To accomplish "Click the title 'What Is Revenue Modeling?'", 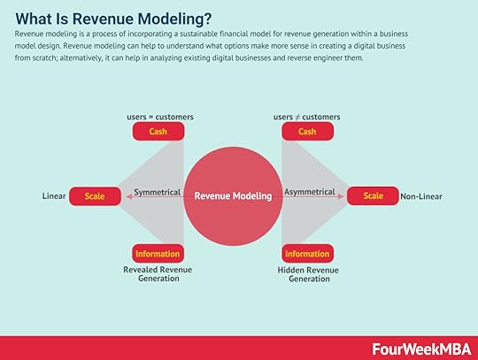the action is pyautogui.click(x=113, y=19).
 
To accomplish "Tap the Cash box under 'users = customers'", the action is pyautogui.click(x=158, y=131).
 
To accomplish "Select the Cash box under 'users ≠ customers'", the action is pyautogui.click(x=307, y=131).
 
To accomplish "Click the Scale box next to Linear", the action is pyautogui.click(x=95, y=196).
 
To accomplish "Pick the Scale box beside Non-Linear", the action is pyautogui.click(x=373, y=195).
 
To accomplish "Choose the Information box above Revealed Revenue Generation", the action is pyautogui.click(x=158, y=253).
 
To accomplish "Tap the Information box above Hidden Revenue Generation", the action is pyautogui.click(x=307, y=253).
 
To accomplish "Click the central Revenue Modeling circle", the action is pyautogui.click(x=233, y=196).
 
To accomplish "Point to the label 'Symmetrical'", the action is pyautogui.click(x=158, y=192).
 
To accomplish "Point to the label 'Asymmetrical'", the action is pyautogui.click(x=310, y=192).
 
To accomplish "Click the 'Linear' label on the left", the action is pyautogui.click(x=54, y=195).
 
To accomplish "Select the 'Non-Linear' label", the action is pyautogui.click(x=421, y=196).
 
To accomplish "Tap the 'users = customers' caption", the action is pyautogui.click(x=160, y=117).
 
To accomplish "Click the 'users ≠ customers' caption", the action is pyautogui.click(x=306, y=117).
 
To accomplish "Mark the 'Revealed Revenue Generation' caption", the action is pyautogui.click(x=158, y=274).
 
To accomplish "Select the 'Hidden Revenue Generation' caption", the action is pyautogui.click(x=308, y=274).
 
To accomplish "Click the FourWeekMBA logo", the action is pyautogui.click(x=421, y=349).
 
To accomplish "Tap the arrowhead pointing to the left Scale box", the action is pyautogui.click(x=129, y=196).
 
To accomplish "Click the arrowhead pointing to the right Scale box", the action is pyautogui.click(x=341, y=196).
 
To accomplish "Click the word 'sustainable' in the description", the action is pyautogui.click(x=198, y=34).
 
